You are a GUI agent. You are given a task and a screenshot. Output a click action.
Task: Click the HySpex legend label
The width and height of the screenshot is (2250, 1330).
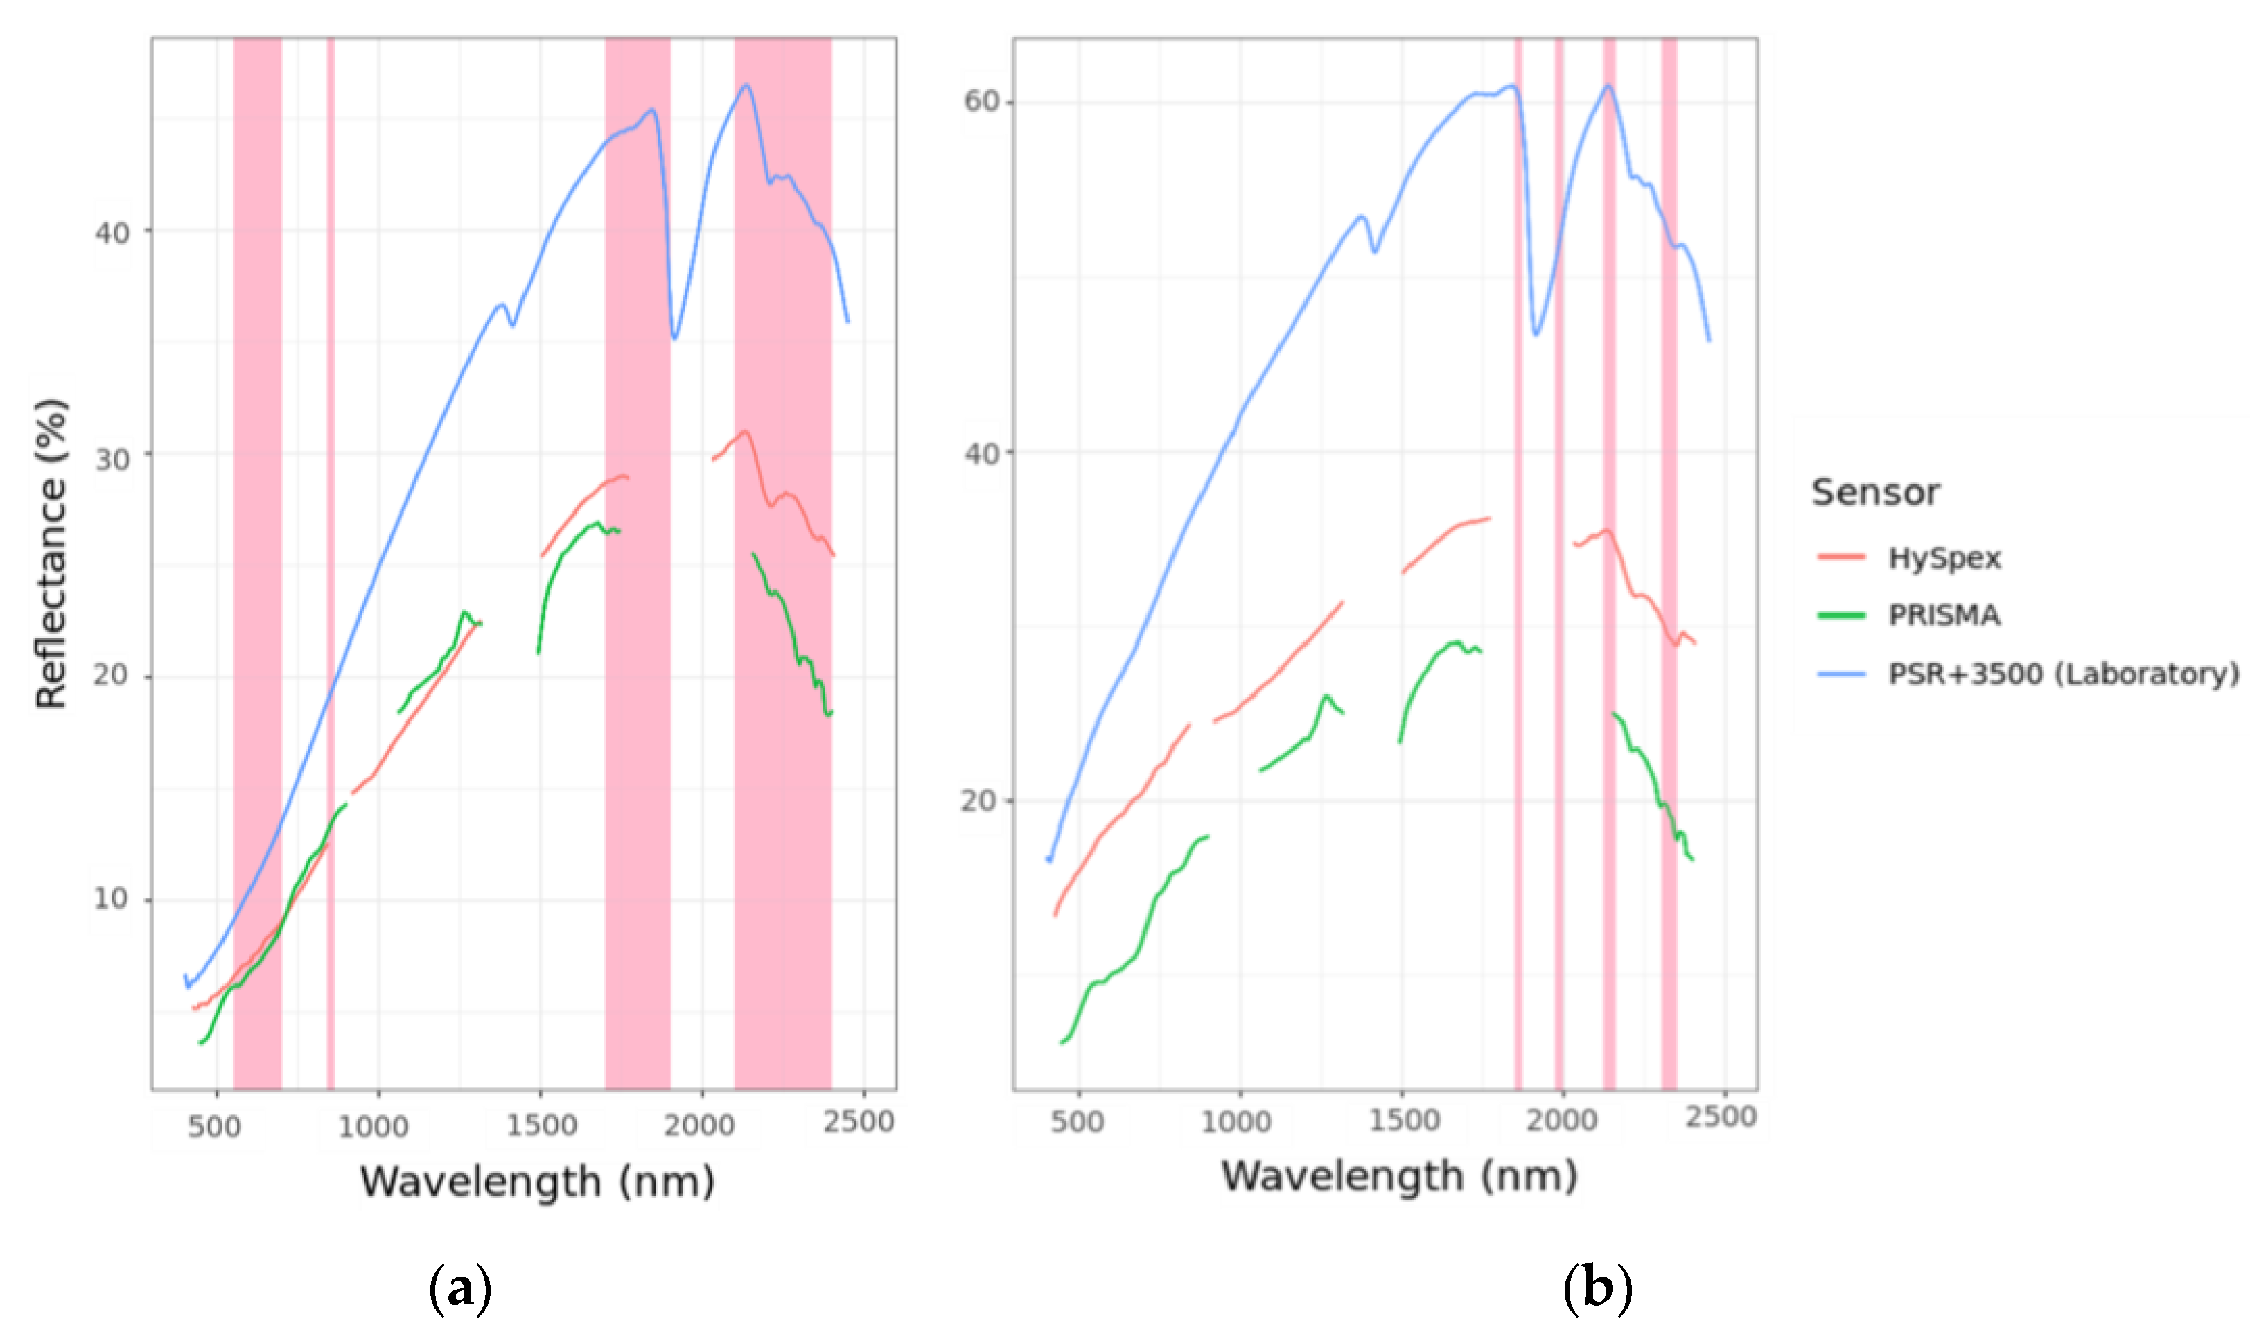pos(1944,559)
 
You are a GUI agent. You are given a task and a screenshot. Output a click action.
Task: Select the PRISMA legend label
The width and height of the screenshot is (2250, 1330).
pos(1944,615)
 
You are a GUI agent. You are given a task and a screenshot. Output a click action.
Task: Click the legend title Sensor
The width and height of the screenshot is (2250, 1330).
pos(1874,493)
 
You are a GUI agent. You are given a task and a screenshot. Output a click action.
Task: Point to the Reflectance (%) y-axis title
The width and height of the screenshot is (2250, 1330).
pos(52,554)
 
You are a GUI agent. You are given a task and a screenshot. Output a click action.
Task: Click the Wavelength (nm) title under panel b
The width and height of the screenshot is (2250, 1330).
pos(1399,1176)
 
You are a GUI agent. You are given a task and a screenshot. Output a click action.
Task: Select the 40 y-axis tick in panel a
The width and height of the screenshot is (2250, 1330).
pos(112,233)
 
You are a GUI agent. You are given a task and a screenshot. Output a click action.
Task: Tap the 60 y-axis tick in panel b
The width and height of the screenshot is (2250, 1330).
pos(981,100)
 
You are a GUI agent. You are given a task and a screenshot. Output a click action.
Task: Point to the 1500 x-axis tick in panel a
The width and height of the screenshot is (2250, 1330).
pos(541,1126)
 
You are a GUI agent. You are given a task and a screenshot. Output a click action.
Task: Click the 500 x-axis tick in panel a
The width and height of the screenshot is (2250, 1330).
pos(214,1126)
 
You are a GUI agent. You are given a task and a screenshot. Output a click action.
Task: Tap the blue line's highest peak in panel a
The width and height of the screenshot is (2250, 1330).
pos(746,85)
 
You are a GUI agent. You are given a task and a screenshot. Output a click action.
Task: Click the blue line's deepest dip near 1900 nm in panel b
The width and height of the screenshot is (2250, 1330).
pos(1536,334)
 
